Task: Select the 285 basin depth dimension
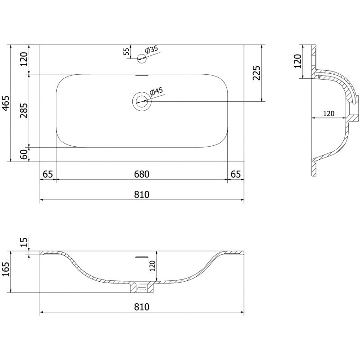pyautogui.click(x=24, y=110)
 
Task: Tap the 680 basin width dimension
pyautogui.click(x=141, y=174)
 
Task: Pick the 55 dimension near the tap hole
pyautogui.click(x=126, y=51)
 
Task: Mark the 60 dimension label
pyautogui.click(x=24, y=154)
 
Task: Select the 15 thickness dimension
pyautogui.click(x=24, y=243)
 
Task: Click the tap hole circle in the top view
pyautogui.click(x=142, y=57)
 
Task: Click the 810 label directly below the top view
pyautogui.click(x=141, y=194)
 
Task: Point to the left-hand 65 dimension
pyautogui.click(x=48, y=174)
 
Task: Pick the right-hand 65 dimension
pyautogui.click(x=235, y=174)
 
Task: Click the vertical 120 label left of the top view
pyautogui.click(x=24, y=59)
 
